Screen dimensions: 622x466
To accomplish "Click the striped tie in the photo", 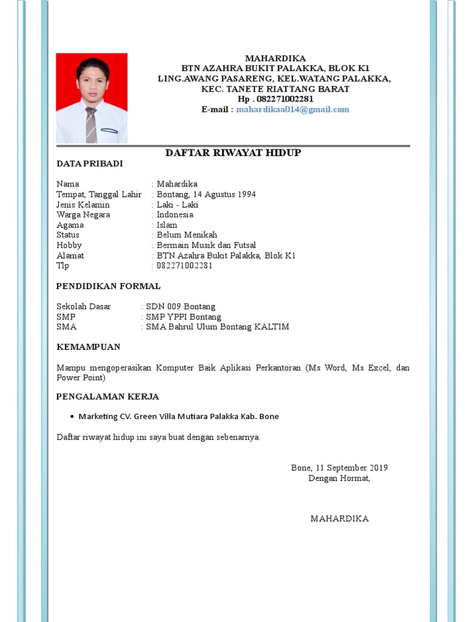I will coord(91,125).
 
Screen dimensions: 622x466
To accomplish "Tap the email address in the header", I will coord(292,109).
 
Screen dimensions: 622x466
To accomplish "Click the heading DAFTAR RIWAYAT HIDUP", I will coord(233,152).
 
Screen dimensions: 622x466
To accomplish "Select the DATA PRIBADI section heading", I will coord(90,163).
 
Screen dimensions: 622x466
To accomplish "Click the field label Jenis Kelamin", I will coord(83,205).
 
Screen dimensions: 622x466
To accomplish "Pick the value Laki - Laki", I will coord(177,205).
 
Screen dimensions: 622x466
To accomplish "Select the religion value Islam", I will coord(167,225).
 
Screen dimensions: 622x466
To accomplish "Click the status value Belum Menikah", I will coord(187,235).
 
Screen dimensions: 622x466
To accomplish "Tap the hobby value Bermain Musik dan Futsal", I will coord(206,245).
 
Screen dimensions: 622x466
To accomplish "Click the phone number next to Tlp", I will coord(184,265).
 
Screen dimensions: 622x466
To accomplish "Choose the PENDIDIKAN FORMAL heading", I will coord(108,286).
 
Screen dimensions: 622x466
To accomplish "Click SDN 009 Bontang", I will coord(181,307).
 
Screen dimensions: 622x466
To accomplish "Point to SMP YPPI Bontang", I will coord(184,317).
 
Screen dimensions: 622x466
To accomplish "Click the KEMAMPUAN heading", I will coord(88,347).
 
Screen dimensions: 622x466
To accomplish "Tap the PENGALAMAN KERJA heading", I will coord(107,397).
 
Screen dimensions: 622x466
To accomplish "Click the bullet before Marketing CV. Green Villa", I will coord(72,417).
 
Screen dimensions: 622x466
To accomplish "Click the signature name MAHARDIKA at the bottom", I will coord(339,519).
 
